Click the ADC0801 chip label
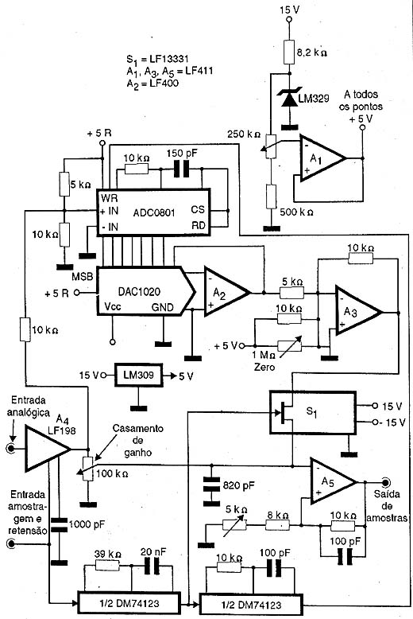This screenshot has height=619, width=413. pos(154,212)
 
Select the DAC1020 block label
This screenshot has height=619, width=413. pos(139,292)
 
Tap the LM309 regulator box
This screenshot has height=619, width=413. pos(138,375)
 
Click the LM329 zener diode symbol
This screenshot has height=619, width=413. pos(290,98)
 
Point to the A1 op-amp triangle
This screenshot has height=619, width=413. pos(322,158)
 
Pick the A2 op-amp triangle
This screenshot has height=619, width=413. pos(226,292)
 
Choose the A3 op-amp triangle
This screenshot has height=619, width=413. pos(358,312)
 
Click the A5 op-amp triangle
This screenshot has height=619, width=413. pos(333,481)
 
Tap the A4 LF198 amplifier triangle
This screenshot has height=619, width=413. pos(48,449)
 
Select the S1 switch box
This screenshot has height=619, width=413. pos(312,412)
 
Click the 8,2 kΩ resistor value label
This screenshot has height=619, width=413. pos(311,52)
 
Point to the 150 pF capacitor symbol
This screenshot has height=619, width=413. pos(182,169)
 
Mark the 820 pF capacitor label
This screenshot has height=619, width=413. pos(239,485)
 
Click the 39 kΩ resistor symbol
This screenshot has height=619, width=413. pos(108,566)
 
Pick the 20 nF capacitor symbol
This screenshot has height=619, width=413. pos(152,566)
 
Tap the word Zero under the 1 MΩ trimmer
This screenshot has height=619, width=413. pos(264,367)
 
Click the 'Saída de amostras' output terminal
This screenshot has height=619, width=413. pos(384,482)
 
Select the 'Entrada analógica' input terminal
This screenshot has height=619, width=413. pos(11,449)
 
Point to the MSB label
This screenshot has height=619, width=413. pos(83,276)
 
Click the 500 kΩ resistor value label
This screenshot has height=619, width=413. pos(296,212)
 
